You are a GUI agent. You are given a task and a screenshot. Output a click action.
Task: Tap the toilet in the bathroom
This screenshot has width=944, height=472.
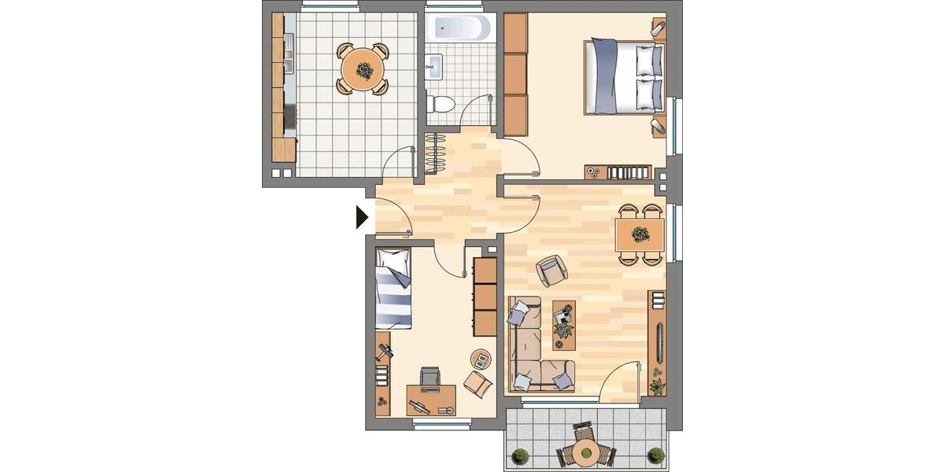[442, 102]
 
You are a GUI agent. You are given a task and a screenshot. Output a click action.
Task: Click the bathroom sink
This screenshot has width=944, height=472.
[434, 67]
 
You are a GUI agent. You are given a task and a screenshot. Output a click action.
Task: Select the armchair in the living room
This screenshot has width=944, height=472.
[552, 270]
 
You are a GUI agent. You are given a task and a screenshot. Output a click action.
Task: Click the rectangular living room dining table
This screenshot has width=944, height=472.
[640, 234]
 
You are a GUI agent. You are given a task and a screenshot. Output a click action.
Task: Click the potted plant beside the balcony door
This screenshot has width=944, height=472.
[656, 386]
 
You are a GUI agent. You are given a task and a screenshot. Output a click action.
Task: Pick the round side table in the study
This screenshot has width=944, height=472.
[479, 360]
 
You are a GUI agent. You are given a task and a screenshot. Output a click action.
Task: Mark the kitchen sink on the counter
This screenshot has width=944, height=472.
[288, 57]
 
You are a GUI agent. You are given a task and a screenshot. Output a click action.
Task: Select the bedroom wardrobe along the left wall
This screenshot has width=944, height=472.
[514, 75]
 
